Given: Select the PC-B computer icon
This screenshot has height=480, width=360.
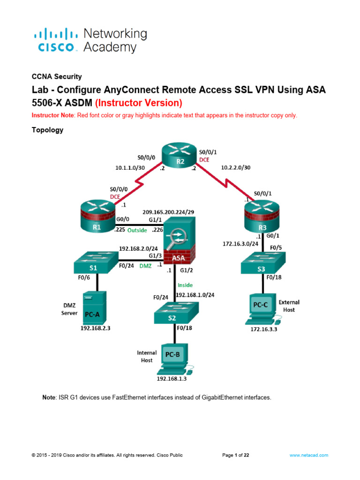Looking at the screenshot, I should [173, 359].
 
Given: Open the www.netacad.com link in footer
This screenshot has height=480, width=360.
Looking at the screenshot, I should [308, 455].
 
